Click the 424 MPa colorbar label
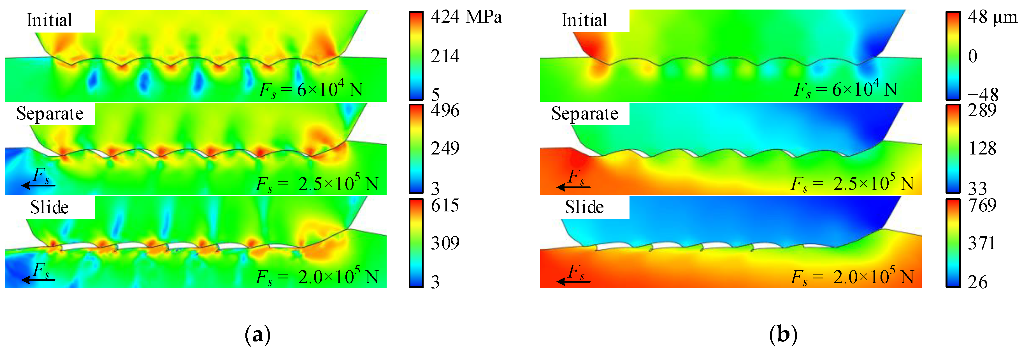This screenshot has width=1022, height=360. pos(466,17)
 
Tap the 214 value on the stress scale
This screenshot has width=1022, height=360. pos(445,56)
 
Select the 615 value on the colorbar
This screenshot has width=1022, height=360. pos(445,205)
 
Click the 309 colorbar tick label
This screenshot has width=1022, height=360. pos(445,243)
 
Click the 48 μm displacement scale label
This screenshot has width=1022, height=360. pos(992,17)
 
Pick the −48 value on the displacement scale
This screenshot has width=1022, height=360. pos(983,94)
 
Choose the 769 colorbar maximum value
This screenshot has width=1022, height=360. pos(982,205)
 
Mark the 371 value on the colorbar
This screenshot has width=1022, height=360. pos(982,243)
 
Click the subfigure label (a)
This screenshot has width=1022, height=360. pos(258,334)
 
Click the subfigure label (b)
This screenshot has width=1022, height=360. pos(783,334)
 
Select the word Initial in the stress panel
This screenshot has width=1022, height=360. pos(49,20)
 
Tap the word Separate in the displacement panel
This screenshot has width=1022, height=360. pos(584,114)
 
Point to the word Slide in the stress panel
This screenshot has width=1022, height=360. pos(49,207)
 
